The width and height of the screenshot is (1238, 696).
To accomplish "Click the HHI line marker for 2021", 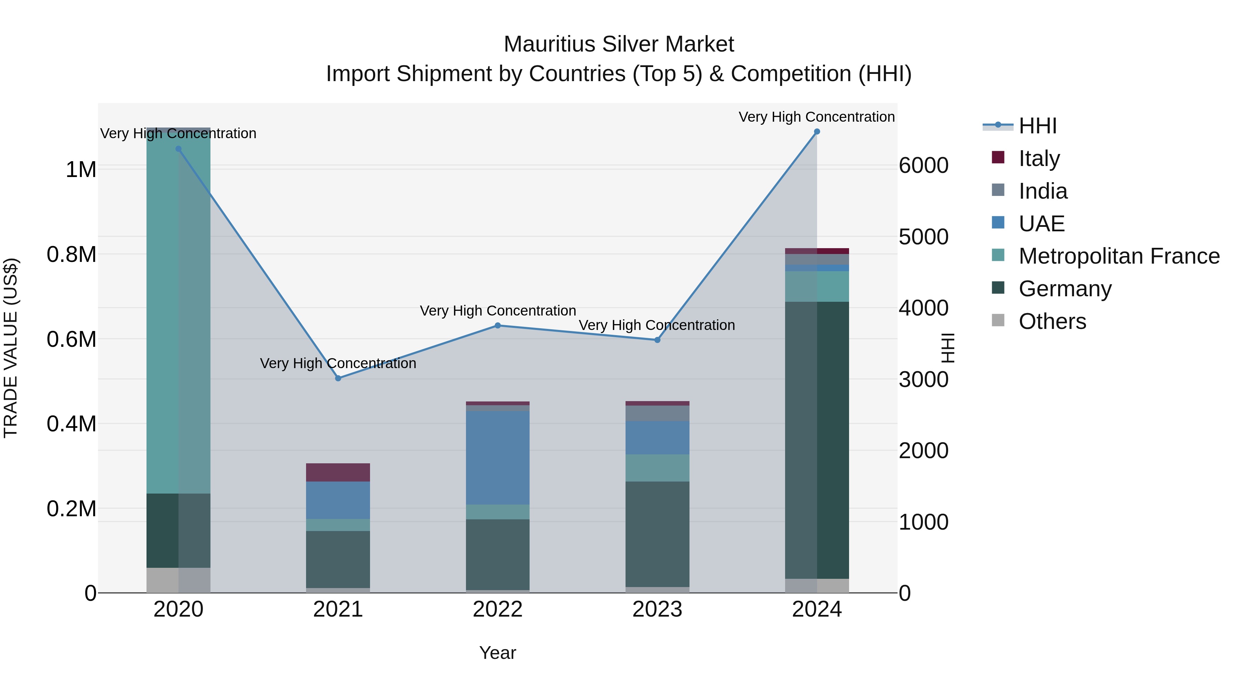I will click(x=338, y=378).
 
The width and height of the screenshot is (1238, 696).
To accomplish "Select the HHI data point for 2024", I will click(x=816, y=132).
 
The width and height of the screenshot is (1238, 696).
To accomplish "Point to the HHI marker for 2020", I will click(x=178, y=149).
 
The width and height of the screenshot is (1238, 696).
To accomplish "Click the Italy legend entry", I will click(x=1039, y=158).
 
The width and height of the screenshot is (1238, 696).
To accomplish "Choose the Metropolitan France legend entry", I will click(x=1118, y=256).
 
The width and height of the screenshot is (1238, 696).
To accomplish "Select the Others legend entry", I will click(x=1052, y=321).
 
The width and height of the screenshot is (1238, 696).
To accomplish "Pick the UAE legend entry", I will click(x=1041, y=224).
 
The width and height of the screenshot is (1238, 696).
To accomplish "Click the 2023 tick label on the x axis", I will click(x=657, y=609).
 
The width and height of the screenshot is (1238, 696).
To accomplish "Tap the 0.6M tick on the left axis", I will click(x=72, y=339).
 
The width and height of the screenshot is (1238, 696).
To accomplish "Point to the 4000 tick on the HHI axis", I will click(x=923, y=308).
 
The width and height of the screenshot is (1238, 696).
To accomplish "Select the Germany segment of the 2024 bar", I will click(x=816, y=440).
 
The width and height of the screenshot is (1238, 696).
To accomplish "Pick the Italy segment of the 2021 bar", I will click(x=338, y=472).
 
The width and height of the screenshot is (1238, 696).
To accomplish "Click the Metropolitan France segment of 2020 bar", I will click(x=178, y=312).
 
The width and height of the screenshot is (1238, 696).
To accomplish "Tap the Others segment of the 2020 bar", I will click(x=178, y=580).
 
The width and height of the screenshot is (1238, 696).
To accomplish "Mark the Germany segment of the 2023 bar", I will click(x=657, y=534).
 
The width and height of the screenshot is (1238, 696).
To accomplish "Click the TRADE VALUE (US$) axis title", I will click(x=11, y=348).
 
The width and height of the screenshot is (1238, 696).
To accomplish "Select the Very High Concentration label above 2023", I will click(x=656, y=325).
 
